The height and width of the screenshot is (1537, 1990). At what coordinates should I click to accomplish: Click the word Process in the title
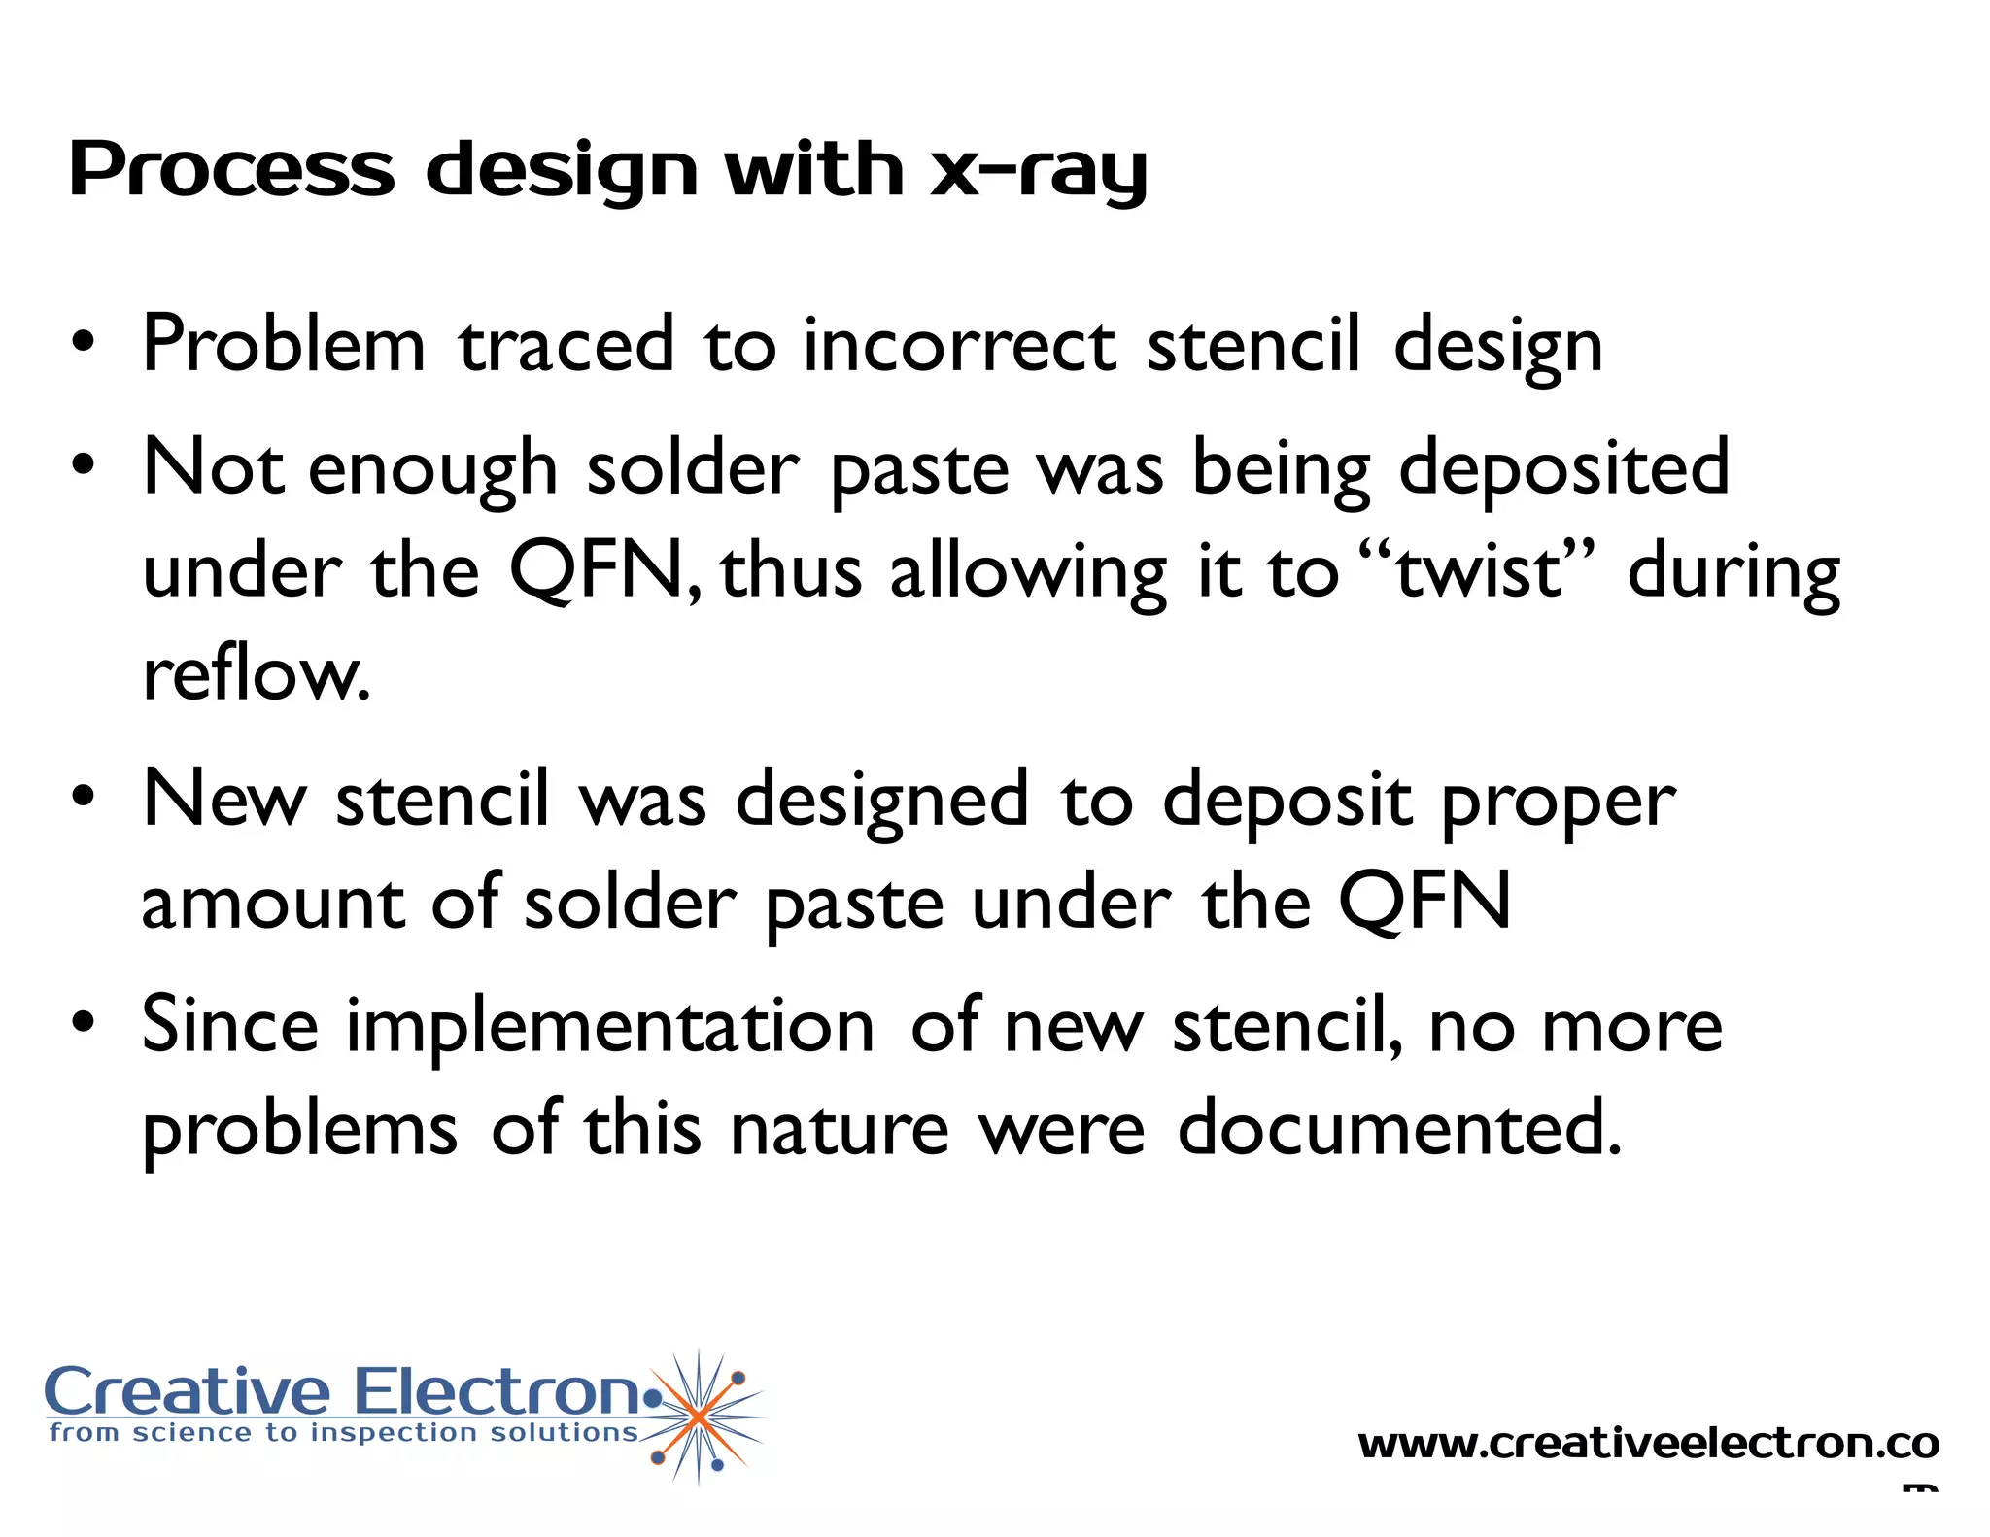pos(231,169)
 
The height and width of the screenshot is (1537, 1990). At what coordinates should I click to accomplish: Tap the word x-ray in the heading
pos(1039,171)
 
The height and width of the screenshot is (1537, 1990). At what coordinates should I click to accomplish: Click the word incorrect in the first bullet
pos(959,345)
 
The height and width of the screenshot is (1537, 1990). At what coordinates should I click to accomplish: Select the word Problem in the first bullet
pos(284,345)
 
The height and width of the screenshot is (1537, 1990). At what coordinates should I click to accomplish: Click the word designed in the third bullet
pos(881,802)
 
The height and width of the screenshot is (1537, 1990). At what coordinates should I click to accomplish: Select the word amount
pos(272,904)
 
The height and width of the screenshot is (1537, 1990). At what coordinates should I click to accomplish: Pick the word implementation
pos(610,1028)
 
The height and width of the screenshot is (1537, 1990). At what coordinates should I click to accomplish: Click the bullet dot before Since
pos(84,1022)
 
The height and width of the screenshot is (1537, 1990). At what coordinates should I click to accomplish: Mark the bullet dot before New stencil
pos(84,796)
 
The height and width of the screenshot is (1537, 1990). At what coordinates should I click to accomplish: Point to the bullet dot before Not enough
pos(84,464)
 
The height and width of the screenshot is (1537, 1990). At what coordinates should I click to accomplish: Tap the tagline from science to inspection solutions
pos(344,1433)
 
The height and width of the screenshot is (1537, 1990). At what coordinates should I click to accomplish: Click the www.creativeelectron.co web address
pos(1648,1444)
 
